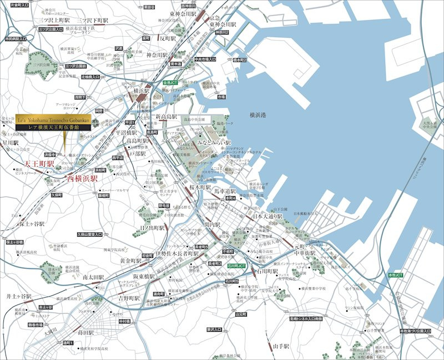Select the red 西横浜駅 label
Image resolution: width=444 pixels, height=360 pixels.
(82, 179)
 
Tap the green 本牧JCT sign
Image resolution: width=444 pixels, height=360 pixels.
(396, 275)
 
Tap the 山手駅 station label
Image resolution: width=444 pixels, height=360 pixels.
(281, 346)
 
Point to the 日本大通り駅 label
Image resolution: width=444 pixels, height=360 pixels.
(268, 216)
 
